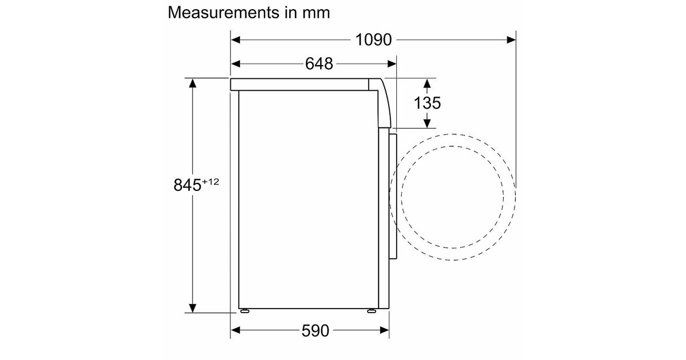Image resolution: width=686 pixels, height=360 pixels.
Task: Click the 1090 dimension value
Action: (x=373, y=40)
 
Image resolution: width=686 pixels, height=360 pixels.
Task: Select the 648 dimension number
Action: (x=319, y=64)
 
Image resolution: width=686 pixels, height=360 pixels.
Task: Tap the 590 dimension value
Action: (x=315, y=331)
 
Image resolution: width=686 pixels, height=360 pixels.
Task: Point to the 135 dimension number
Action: (x=427, y=103)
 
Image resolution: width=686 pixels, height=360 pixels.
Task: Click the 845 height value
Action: (x=188, y=185)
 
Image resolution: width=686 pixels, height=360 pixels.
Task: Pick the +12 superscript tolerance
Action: (x=210, y=182)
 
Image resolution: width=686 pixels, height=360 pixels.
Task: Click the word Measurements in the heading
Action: (x=224, y=13)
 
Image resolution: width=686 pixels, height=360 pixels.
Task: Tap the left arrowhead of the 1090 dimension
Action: (x=236, y=40)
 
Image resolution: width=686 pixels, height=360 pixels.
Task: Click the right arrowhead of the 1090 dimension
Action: (x=511, y=40)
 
